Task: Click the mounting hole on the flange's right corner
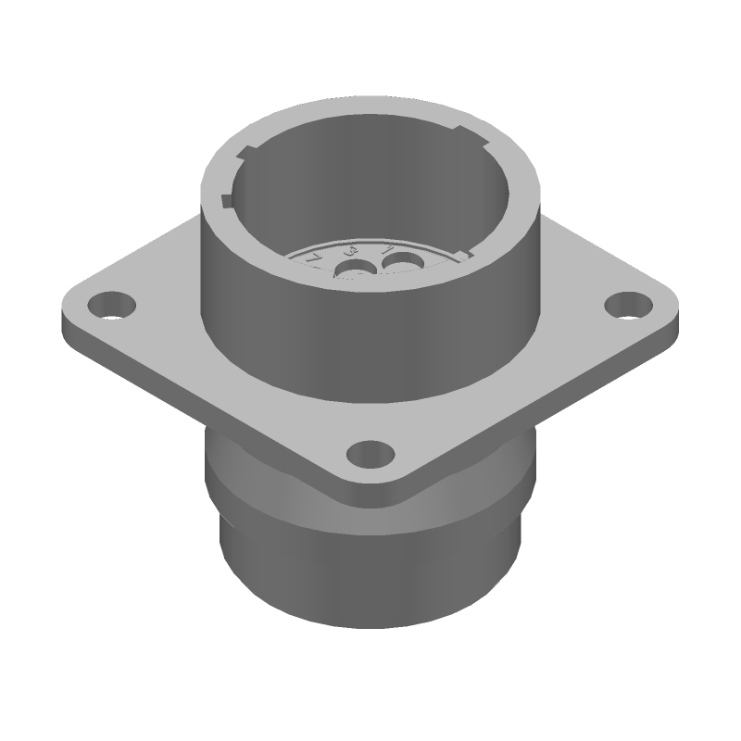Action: [629, 304]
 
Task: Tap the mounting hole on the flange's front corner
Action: [370, 455]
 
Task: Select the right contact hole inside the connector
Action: [399, 267]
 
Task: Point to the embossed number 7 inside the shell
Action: [315, 257]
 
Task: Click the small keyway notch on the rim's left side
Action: [228, 200]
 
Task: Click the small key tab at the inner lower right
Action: [466, 252]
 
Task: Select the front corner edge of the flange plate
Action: [370, 496]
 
